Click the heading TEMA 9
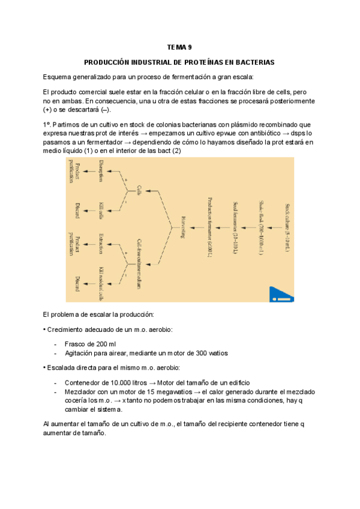click(179, 47)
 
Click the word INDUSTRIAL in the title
click(148, 62)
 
